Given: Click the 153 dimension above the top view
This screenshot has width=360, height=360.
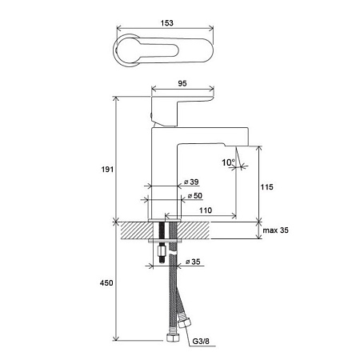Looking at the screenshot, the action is click(167, 23).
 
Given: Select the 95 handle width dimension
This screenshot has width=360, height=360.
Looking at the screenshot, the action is click(182, 83).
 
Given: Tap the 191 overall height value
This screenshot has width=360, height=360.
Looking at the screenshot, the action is click(107, 170).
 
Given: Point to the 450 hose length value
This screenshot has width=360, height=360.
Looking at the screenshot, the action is click(106, 283).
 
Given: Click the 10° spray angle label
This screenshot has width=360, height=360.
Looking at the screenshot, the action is click(229, 162).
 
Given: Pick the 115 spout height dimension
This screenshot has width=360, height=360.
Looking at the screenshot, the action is click(267, 187).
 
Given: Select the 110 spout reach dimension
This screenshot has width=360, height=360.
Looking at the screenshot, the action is click(206, 210).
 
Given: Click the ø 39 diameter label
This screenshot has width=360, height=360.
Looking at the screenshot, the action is click(191, 182).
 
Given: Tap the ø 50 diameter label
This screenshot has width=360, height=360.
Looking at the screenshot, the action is click(195, 196).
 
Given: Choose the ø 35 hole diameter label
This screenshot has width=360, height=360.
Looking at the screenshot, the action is click(193, 262).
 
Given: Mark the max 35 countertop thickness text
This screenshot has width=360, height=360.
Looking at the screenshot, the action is click(276, 230).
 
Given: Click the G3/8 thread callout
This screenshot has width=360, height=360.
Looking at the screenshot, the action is click(201, 341).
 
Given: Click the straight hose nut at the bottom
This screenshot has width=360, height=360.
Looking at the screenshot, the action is click(172, 337).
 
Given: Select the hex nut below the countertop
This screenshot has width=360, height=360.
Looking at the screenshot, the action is click(162, 250).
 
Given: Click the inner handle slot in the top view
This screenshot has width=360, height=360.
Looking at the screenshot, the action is click(148, 50).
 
